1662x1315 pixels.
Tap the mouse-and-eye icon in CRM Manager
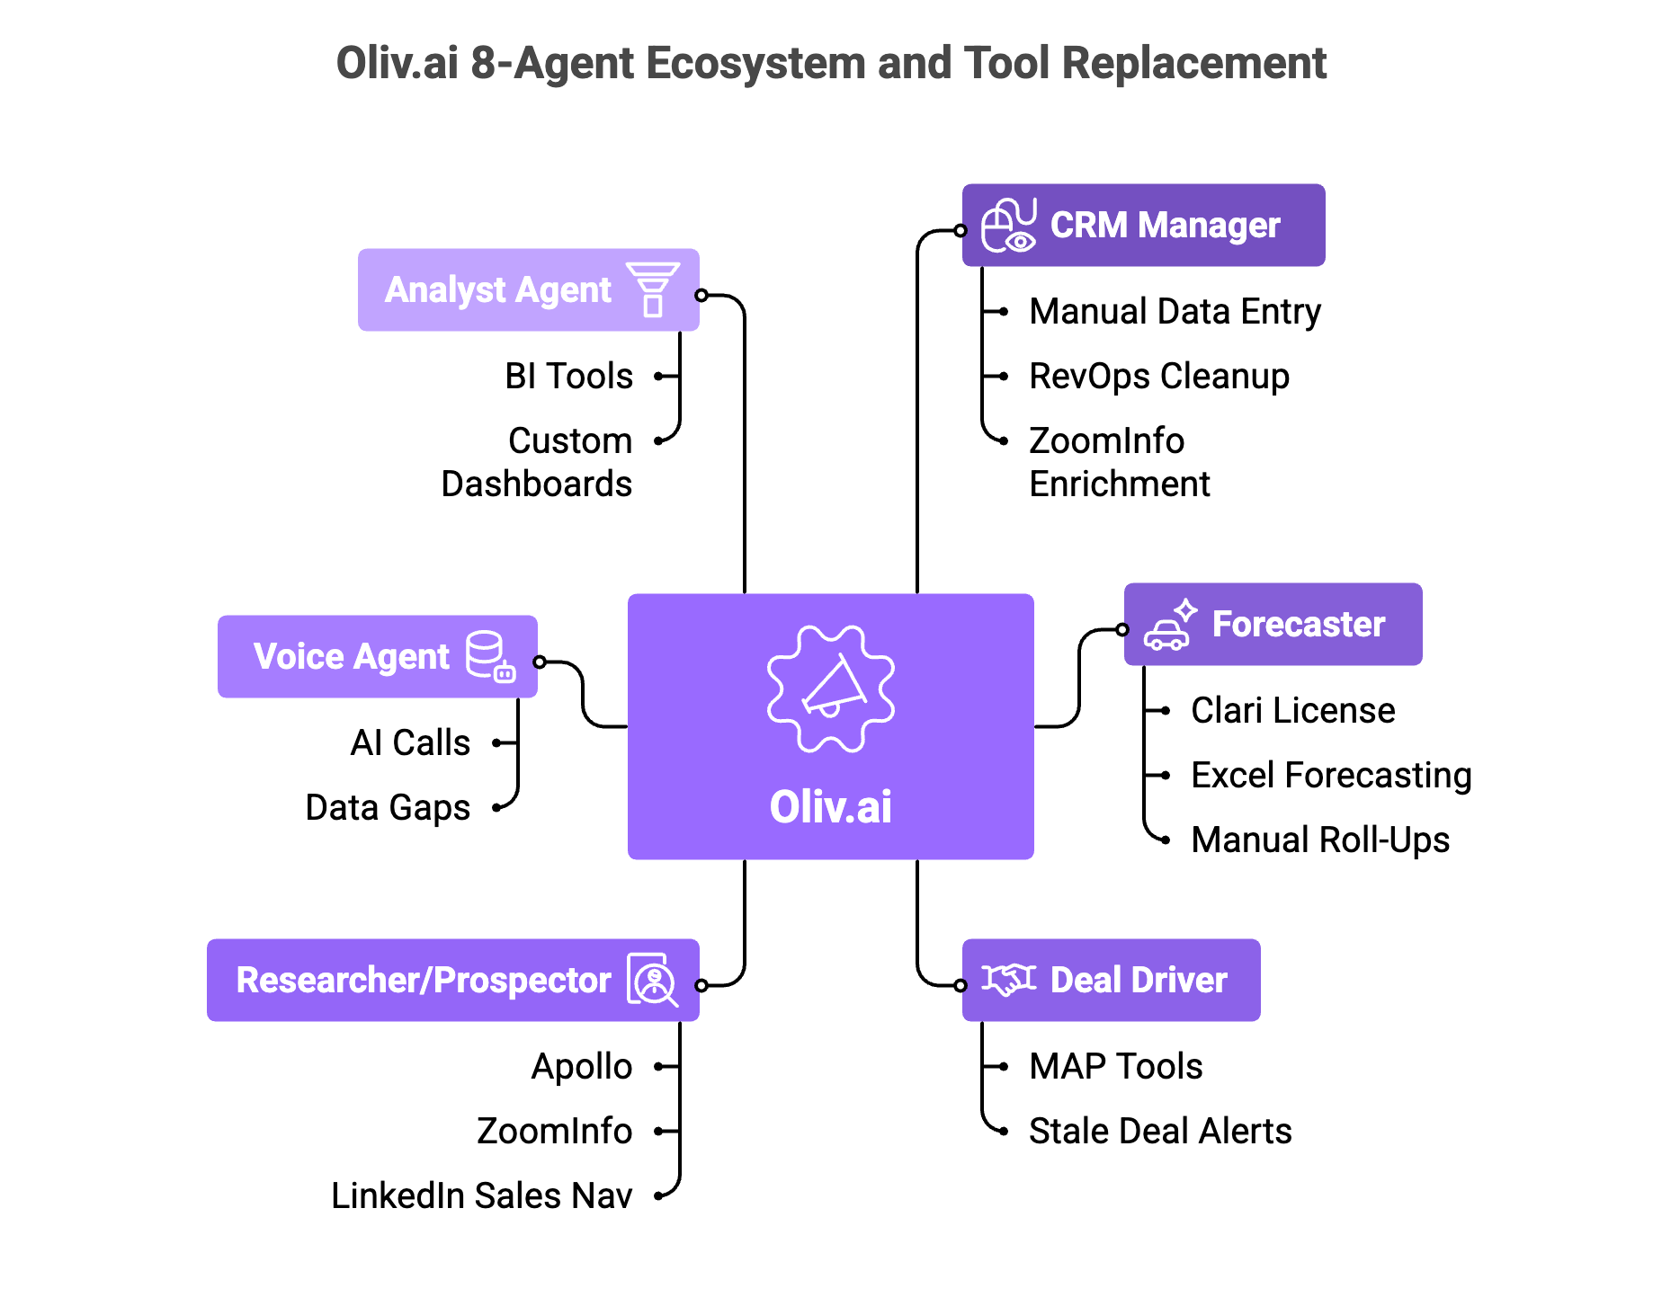coord(1008,226)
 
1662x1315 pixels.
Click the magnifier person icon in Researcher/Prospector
coord(652,981)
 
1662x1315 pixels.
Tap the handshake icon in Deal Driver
coord(1008,979)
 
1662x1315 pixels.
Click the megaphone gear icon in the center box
coord(830,689)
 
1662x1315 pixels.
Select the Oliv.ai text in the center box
coord(830,806)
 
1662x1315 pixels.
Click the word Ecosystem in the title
coord(755,64)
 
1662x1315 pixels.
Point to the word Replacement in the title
coord(1193,64)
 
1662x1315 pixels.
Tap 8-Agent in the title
coord(552,64)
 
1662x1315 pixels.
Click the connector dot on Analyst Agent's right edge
coord(701,295)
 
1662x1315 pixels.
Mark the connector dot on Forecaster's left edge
coord(1123,629)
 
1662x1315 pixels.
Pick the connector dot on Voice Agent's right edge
coord(538,662)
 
